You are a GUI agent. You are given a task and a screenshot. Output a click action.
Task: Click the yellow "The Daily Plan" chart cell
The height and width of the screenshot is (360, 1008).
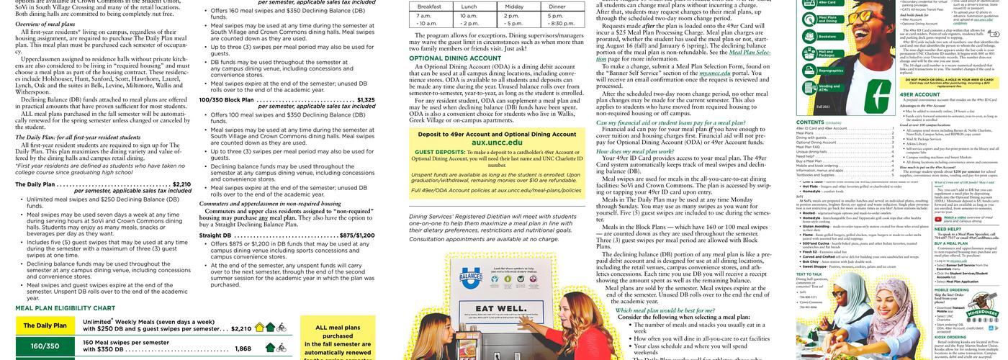(45, 326)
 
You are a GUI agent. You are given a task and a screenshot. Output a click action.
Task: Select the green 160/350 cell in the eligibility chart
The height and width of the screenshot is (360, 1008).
(45, 347)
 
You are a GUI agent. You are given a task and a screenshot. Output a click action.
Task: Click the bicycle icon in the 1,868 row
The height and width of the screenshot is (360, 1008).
(282, 348)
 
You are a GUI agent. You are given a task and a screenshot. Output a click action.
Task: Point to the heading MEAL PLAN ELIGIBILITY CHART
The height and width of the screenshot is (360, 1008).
(65, 308)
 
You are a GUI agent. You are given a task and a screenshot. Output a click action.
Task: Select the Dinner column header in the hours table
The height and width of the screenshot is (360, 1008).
(557, 6)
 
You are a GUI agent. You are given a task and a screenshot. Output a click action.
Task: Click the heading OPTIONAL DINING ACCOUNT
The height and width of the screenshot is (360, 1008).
(455, 58)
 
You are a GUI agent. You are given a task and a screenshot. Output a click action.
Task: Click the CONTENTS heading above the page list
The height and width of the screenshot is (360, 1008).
(811, 123)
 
